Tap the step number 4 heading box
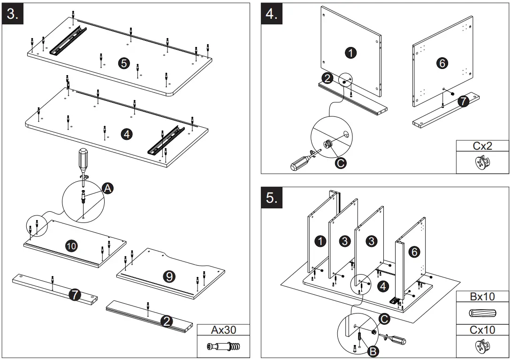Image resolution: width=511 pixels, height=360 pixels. [272, 15]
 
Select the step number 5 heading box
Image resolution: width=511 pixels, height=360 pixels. [272, 198]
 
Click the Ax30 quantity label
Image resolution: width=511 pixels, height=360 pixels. [223, 330]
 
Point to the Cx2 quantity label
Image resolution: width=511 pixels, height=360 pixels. [482, 146]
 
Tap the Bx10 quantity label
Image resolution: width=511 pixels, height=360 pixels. [482, 297]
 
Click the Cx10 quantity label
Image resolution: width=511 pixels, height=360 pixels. [482, 330]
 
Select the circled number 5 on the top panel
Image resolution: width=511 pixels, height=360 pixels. [124, 63]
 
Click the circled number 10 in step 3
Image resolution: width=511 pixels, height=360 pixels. [71, 245]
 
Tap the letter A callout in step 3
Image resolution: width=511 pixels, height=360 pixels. [107, 189]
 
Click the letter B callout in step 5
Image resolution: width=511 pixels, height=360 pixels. [373, 350]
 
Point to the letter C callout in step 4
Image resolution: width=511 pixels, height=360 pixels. [341, 163]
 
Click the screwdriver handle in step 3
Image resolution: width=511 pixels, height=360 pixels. [83, 159]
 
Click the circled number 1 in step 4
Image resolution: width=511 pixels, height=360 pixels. [351, 53]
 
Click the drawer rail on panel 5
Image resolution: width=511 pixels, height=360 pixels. [69, 40]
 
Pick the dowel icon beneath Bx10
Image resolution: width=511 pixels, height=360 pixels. [482, 314]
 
